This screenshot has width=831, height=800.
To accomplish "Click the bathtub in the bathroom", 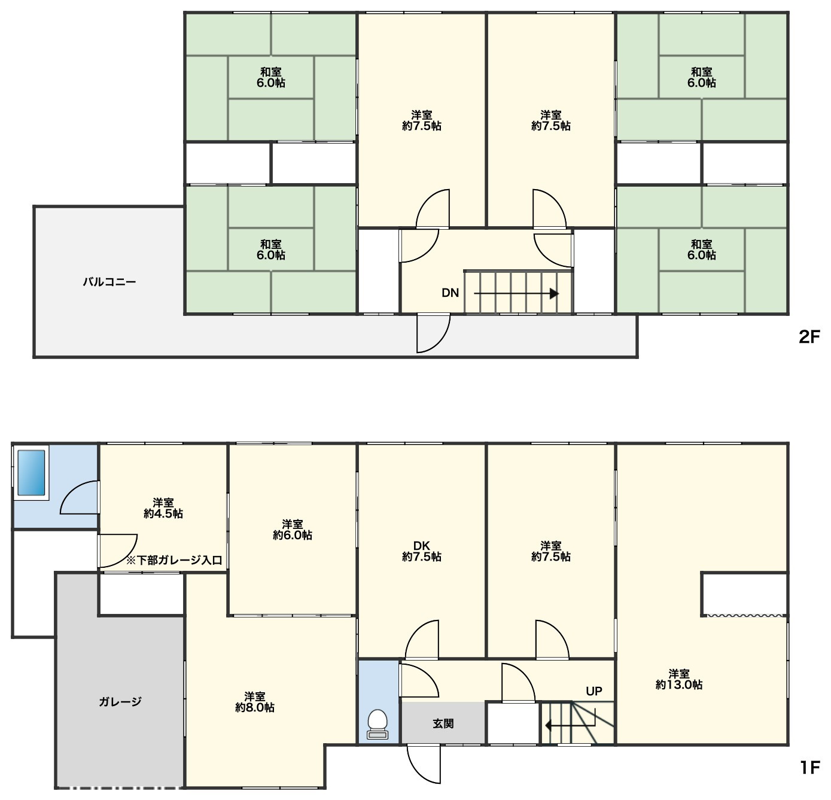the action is coord(31,472).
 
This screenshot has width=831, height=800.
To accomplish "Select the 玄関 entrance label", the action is coord(443,723).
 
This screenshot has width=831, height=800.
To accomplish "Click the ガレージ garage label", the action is coord(120,702).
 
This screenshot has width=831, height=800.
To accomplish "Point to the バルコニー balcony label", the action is coord(109,282).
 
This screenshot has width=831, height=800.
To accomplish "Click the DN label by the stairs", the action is coord(450,293).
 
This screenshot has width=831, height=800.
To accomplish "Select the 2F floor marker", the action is coord(809,338).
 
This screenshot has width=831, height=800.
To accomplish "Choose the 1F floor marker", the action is coord(810,768).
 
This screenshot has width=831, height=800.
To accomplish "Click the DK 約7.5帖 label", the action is coord(421,551).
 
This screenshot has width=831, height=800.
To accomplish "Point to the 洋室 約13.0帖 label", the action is coord(678,679).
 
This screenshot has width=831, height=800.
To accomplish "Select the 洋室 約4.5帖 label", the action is coord(163,508).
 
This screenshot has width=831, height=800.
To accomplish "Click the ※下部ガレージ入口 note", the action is coord(174,561).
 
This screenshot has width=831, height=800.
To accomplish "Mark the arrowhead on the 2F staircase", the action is coord(554,294).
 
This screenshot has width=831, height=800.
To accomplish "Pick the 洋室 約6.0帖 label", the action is coord(292,530).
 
